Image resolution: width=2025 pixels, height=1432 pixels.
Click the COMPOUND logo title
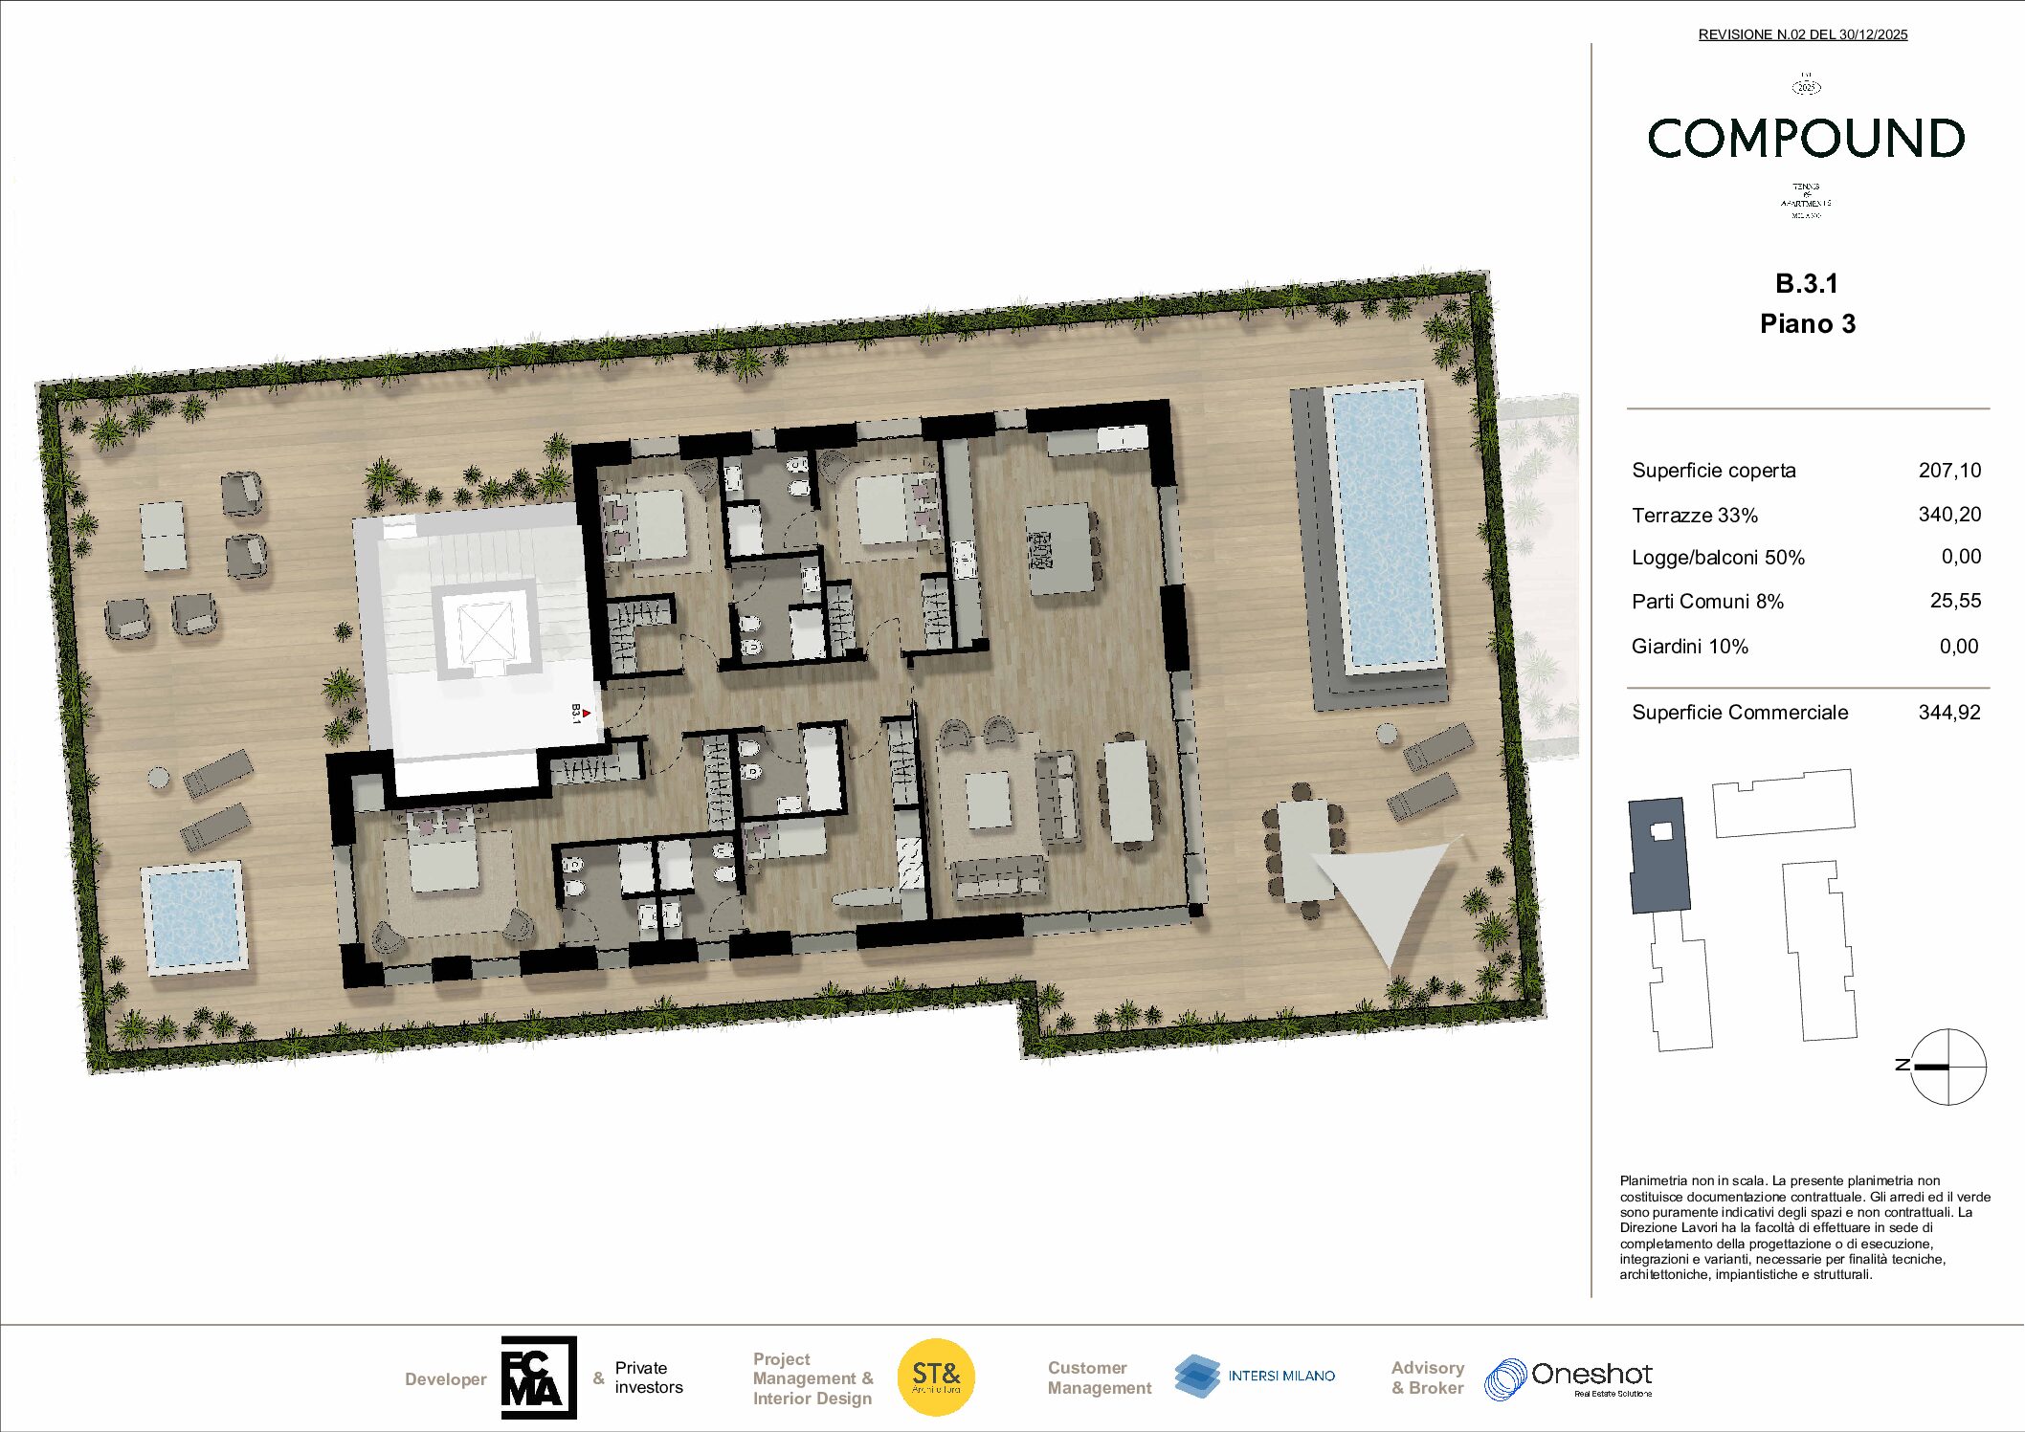(1806, 139)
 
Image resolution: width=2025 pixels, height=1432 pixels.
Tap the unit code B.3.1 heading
(1807, 283)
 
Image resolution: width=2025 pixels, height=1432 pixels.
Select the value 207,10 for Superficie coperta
(1948, 470)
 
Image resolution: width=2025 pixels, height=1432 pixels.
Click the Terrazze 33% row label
(1694, 516)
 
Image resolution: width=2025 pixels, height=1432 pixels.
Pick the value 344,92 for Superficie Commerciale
(1948, 712)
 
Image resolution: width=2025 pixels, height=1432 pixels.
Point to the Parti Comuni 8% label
(1707, 602)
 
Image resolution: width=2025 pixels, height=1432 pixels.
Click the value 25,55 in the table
(1955, 601)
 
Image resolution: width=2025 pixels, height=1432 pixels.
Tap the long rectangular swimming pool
(1386, 527)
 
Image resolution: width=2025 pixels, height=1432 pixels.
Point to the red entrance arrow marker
(586, 714)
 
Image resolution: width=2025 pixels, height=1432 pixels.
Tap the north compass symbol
(1947, 1066)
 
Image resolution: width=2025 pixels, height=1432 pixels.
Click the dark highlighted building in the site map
(1658, 855)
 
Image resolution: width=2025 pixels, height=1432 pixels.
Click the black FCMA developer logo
(539, 1377)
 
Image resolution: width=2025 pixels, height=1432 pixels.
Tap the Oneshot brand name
(1591, 1375)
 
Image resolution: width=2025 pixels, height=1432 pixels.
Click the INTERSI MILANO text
(1281, 1376)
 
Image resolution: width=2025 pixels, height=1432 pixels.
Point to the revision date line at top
(1802, 34)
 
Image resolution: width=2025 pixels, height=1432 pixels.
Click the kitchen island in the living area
(1060, 548)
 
